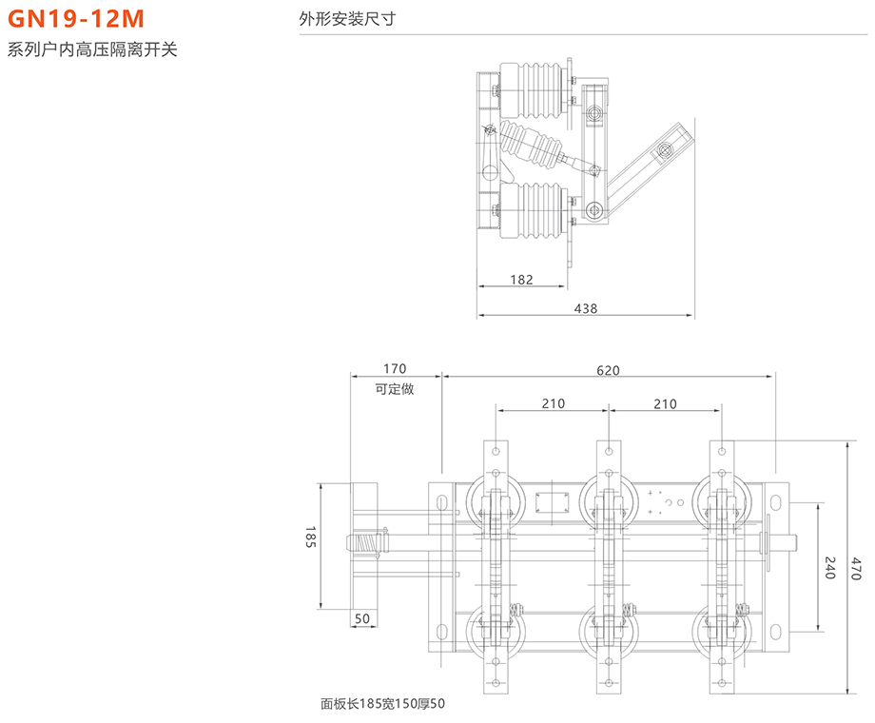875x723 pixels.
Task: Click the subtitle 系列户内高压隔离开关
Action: click(92, 50)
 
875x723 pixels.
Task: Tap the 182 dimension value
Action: click(521, 280)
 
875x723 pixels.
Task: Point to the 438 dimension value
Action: click(586, 308)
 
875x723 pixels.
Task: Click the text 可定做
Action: click(395, 388)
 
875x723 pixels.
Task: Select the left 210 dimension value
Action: click(554, 403)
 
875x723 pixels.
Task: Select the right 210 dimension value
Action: click(666, 403)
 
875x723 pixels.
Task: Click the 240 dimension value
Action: click(829, 567)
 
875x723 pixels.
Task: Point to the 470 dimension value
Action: click(856, 567)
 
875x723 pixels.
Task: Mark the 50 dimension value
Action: click(362, 619)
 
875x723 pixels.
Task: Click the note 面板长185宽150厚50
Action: click(382, 705)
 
